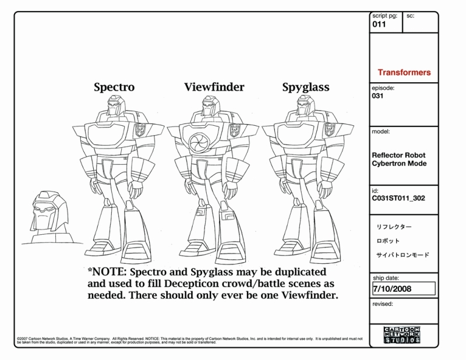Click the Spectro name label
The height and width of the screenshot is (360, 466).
(114, 87)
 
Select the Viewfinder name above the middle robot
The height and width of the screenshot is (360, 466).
(214, 87)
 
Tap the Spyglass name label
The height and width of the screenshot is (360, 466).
(306, 87)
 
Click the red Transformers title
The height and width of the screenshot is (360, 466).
(404, 73)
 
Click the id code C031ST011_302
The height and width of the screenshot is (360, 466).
(398, 198)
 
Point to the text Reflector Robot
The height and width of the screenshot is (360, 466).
(398, 155)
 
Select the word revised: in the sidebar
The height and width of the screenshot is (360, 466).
(382, 303)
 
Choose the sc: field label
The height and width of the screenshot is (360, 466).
(411, 16)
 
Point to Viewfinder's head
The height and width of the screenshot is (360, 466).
(210, 108)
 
